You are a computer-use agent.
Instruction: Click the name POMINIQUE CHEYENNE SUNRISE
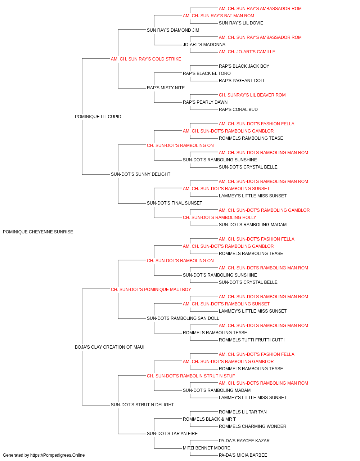pyautogui.click(x=38, y=232)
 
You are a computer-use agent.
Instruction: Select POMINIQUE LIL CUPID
pyautogui.click(x=98, y=117)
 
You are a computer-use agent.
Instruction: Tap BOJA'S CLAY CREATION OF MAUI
pyautogui.click(x=109, y=347)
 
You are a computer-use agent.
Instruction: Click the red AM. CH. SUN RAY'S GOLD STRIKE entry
pyautogui.click(x=146, y=59)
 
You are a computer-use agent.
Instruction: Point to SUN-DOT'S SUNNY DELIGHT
pyautogui.click(x=140, y=174)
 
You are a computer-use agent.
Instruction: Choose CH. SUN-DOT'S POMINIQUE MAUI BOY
pyautogui.click(x=151, y=290)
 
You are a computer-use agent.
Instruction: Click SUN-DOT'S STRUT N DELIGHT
pyautogui.click(x=142, y=405)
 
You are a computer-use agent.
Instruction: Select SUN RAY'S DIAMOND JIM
pyautogui.click(x=173, y=30)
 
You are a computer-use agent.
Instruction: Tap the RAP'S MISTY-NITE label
pyautogui.click(x=166, y=88)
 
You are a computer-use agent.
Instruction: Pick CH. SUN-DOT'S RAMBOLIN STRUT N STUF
pyautogui.click(x=191, y=376)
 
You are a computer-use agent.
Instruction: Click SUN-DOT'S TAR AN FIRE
pyautogui.click(x=172, y=434)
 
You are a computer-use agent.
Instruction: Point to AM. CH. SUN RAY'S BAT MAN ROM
pyautogui.click(x=219, y=16)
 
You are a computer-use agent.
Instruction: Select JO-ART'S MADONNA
pyautogui.click(x=204, y=45)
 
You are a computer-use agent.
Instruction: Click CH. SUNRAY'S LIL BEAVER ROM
pyautogui.click(x=252, y=95)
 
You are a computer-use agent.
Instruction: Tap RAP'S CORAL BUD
pyautogui.click(x=238, y=109)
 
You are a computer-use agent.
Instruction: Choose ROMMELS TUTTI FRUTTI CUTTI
pyautogui.click(x=251, y=340)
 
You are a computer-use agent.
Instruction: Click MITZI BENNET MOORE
pyautogui.click(x=207, y=448)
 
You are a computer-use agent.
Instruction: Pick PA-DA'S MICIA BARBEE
pyautogui.click(x=243, y=455)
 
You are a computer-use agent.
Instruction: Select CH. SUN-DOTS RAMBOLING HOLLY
pyautogui.click(x=220, y=218)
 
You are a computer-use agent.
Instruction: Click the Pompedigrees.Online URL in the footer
pyautogui.click(x=57, y=455)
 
